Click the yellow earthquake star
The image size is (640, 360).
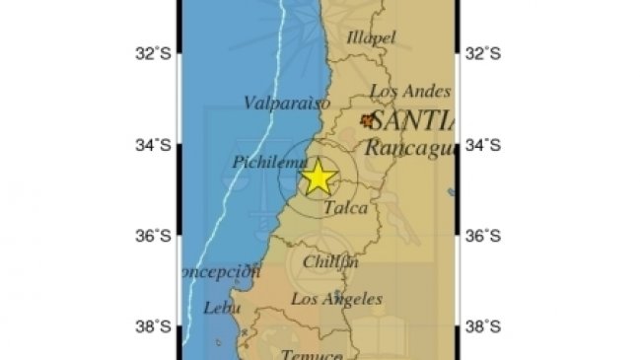point(319,178)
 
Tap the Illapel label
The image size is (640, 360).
point(371,37)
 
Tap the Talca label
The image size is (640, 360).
point(345,208)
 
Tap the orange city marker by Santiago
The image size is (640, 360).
point(369,121)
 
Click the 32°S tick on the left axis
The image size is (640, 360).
point(157,53)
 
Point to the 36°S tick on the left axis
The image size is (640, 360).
point(157,236)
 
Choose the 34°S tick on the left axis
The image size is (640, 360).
point(157,145)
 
